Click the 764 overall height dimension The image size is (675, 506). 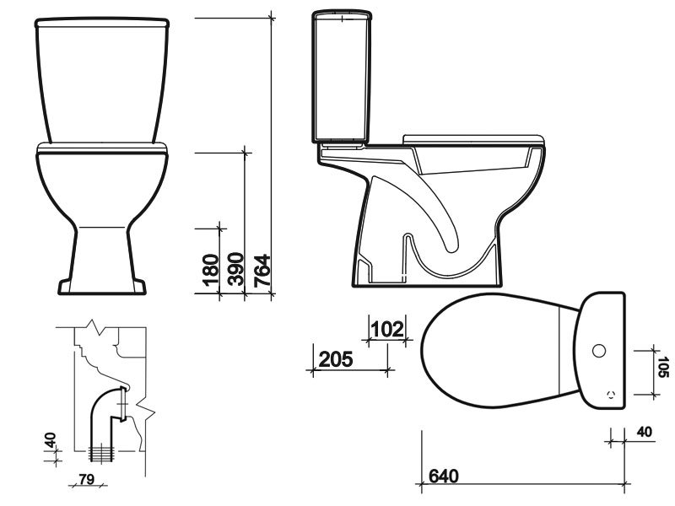tap(262, 272)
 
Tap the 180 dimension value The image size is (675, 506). tap(211, 272)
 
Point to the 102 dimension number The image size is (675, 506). tap(387, 328)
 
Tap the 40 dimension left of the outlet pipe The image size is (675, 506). tap(50, 440)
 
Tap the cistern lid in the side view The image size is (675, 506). tap(342, 15)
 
